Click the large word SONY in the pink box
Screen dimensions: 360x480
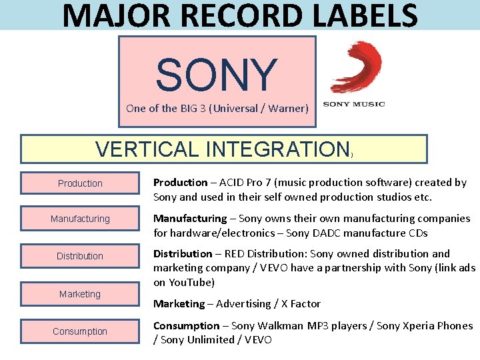(217, 74)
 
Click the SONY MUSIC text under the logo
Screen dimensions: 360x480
(353, 103)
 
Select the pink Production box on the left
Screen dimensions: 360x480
(80, 183)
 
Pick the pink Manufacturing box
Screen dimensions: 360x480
(80, 219)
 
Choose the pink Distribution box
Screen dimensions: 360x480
(80, 256)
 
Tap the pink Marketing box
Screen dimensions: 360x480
(80, 294)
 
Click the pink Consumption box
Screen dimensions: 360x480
(80, 331)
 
